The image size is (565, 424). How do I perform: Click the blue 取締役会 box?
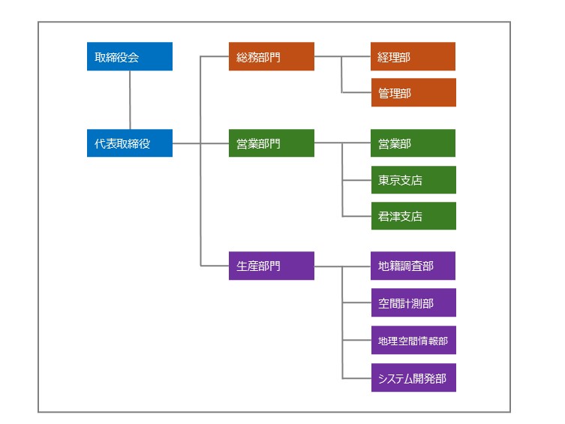pos(129,57)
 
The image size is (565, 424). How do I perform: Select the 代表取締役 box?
pos(129,143)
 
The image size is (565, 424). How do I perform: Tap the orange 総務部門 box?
pos(271,57)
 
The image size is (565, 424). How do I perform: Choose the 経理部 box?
pos(413,57)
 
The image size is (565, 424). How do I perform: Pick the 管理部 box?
pos(413,93)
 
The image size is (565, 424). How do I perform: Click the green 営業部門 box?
pos(271,143)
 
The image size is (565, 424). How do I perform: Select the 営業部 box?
pos(413,143)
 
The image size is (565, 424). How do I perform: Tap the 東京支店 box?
pos(413,180)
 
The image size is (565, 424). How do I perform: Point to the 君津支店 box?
pos(413,216)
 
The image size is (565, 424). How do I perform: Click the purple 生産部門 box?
pos(271,266)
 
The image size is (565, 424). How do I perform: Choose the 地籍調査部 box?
pos(413,266)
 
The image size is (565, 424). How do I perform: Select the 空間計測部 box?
pos(413,302)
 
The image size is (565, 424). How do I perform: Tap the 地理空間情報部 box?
pos(413,340)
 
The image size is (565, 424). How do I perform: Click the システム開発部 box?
pos(413,377)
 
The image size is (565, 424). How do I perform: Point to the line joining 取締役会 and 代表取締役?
pos(130,100)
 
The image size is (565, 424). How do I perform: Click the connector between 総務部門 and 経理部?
pos(342,56)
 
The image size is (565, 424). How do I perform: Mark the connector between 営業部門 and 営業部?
pos(342,143)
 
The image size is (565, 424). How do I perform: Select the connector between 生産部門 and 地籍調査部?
pos(342,266)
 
